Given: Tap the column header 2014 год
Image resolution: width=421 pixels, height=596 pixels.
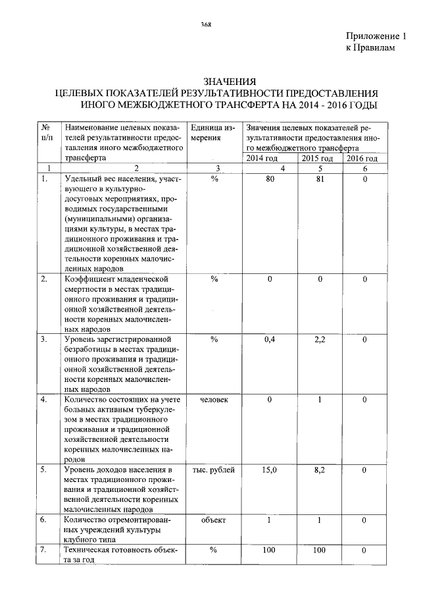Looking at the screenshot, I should [x=262, y=159].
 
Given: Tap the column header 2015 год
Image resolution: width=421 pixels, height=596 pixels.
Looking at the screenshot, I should [x=318, y=159].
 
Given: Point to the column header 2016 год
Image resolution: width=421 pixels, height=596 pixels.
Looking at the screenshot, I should [x=363, y=159].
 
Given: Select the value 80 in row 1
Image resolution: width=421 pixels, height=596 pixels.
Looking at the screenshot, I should [x=270, y=179].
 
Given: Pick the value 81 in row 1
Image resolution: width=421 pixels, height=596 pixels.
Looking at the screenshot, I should [x=320, y=179].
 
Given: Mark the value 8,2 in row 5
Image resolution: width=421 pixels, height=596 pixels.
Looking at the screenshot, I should [x=320, y=470].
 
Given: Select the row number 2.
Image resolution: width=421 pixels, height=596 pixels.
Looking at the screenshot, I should [x=43, y=279].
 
